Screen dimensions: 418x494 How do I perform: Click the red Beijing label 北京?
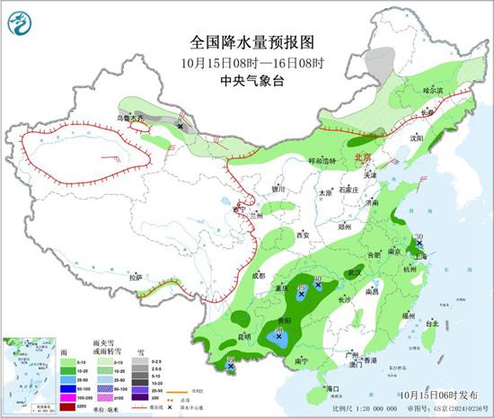pos(364,156)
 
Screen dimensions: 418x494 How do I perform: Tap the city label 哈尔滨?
pos(433,91)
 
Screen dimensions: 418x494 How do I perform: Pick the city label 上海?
pos(427,255)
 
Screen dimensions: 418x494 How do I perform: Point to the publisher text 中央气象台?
pos(246,80)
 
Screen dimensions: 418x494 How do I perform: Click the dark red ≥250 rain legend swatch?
pos(66,406)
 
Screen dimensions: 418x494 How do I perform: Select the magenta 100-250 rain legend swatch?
pos(66,396)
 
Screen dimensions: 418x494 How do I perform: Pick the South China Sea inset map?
pos(27,373)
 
